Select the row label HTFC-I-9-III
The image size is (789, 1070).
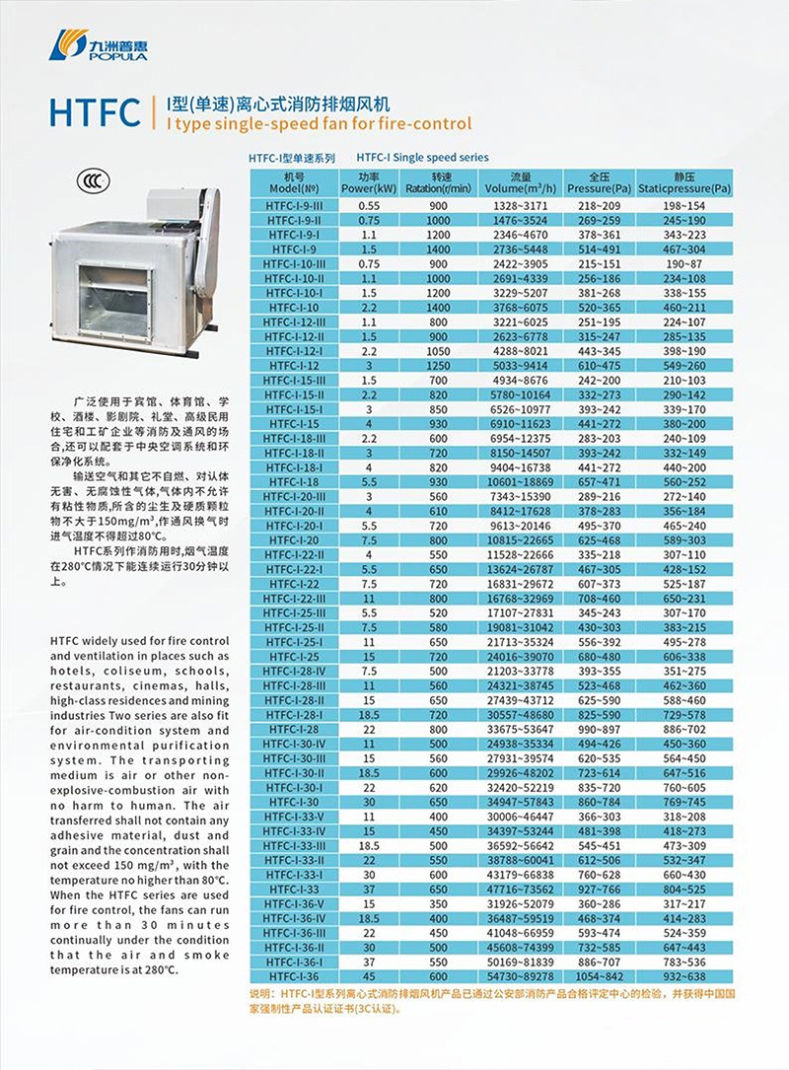(x=295, y=203)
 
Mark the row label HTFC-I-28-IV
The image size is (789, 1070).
(x=295, y=671)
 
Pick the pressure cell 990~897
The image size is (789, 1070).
(x=599, y=729)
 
